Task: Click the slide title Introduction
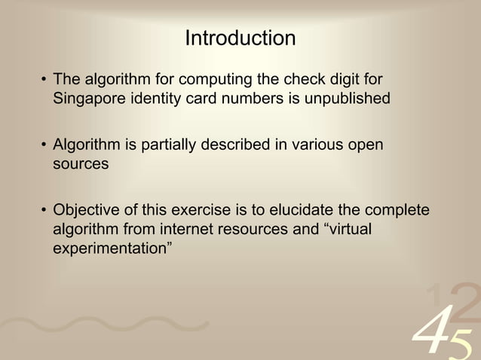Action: (x=240, y=38)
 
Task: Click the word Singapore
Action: (x=89, y=98)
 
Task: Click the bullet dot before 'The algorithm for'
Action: (x=44, y=80)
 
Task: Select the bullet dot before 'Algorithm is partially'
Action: (x=44, y=145)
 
